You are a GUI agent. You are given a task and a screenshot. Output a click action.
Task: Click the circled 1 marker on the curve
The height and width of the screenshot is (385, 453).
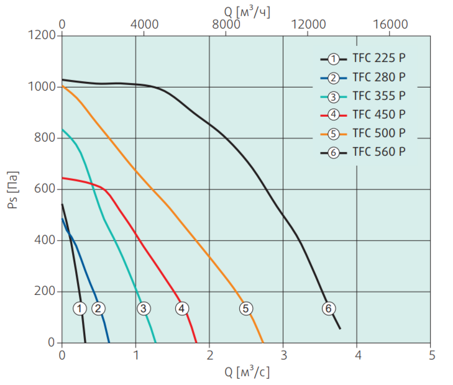pos(79,308)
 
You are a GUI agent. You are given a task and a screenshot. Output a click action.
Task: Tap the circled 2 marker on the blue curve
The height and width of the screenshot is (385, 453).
pos(98,308)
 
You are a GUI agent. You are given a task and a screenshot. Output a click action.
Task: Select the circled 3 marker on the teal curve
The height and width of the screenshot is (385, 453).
pos(144,308)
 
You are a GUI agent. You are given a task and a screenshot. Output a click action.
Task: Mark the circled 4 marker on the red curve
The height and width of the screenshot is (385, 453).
pos(181,308)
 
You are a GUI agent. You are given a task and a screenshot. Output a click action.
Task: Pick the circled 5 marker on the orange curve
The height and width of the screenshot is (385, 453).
pos(245,308)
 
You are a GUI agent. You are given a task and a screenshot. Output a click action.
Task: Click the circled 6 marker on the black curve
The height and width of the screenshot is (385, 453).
pos(329,308)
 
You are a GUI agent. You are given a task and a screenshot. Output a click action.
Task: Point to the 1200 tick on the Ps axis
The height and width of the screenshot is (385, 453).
pos(43,35)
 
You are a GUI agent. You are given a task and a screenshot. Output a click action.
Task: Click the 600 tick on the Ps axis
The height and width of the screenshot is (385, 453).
pos(47,189)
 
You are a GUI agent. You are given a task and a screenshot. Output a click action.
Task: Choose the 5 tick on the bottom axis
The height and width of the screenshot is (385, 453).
pos(431,356)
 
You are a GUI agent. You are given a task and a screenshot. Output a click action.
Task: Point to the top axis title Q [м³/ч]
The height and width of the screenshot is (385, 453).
pos(247,10)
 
